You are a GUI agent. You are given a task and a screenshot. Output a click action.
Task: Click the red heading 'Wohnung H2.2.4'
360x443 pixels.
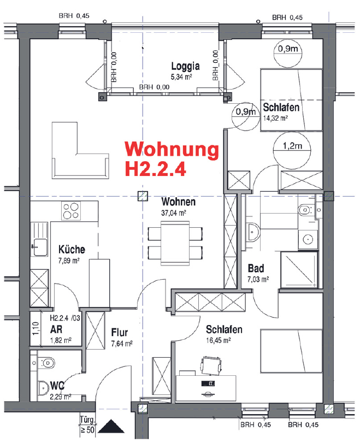(172, 158)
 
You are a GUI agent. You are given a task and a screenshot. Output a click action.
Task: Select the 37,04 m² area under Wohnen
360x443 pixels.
(174, 212)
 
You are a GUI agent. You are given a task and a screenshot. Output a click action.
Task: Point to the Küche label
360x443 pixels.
(72, 250)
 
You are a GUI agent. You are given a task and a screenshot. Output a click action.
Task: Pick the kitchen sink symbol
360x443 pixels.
(39, 246)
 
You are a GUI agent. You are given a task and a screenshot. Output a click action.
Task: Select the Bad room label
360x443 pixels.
(256, 269)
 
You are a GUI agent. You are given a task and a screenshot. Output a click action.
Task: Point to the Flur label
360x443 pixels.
(119, 332)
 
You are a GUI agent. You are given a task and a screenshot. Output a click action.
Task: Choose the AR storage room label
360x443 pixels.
(56, 330)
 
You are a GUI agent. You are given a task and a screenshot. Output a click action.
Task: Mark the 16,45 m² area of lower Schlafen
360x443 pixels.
(219, 340)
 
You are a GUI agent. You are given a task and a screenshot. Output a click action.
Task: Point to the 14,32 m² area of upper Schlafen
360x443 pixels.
(280, 116)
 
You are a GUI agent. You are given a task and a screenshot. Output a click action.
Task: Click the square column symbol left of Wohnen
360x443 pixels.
(143, 197)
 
